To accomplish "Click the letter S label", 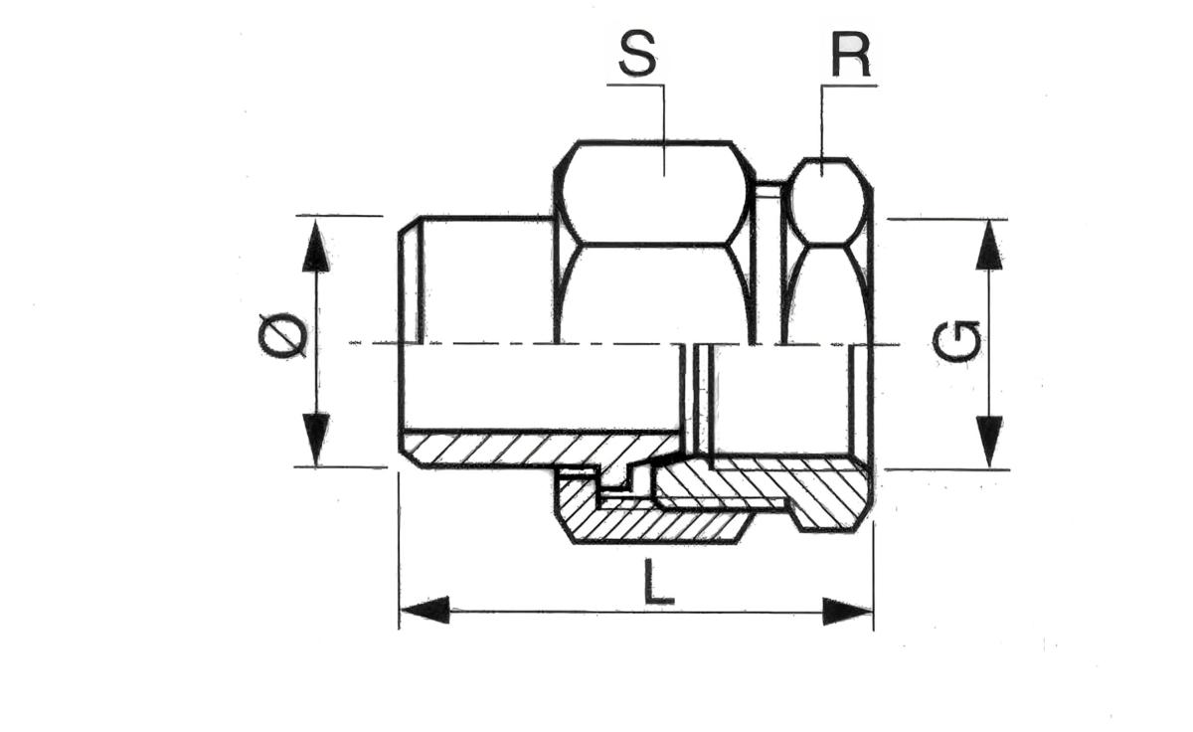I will (x=637, y=56).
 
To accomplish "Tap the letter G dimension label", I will (x=957, y=341).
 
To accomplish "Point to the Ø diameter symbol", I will (x=281, y=336).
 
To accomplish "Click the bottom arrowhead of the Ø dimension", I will (x=315, y=439).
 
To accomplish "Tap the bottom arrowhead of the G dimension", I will (x=989, y=441).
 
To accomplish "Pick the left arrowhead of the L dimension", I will (x=425, y=611).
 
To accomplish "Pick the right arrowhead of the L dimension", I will (x=847, y=611).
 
